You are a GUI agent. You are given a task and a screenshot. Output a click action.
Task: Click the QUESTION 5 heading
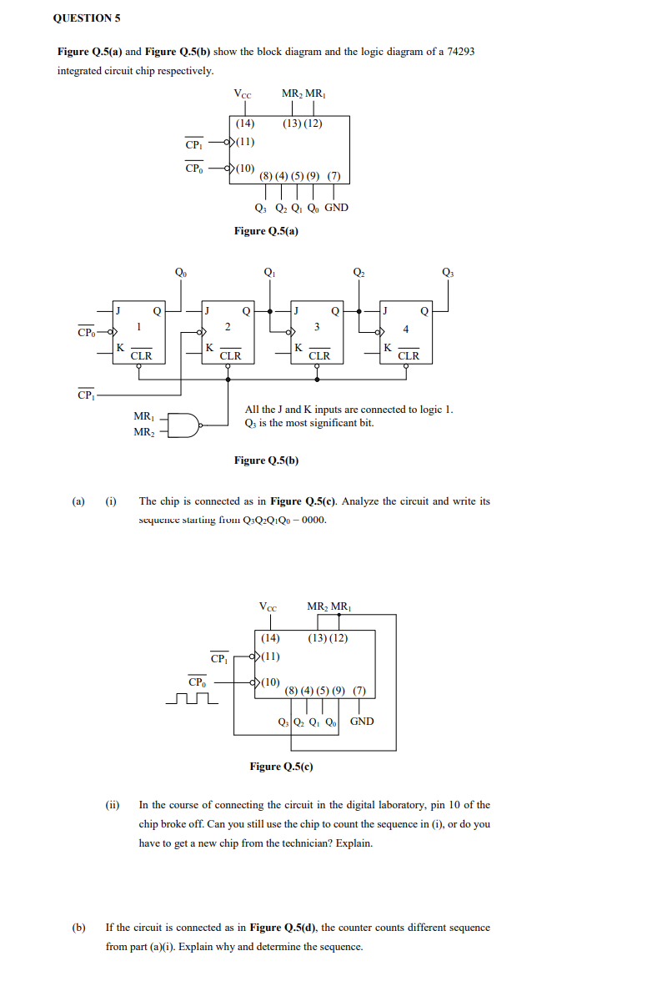(x=82, y=18)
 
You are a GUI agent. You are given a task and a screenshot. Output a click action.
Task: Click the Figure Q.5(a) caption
(x=266, y=230)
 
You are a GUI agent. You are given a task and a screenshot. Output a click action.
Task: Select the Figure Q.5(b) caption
(x=266, y=460)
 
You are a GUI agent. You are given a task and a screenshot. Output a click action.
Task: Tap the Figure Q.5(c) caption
(x=281, y=766)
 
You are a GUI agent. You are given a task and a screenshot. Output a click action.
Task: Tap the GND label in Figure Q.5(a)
(x=336, y=208)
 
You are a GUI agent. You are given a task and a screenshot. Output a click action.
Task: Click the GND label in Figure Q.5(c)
(x=362, y=721)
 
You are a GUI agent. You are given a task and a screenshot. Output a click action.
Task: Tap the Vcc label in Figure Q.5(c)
(x=268, y=606)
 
